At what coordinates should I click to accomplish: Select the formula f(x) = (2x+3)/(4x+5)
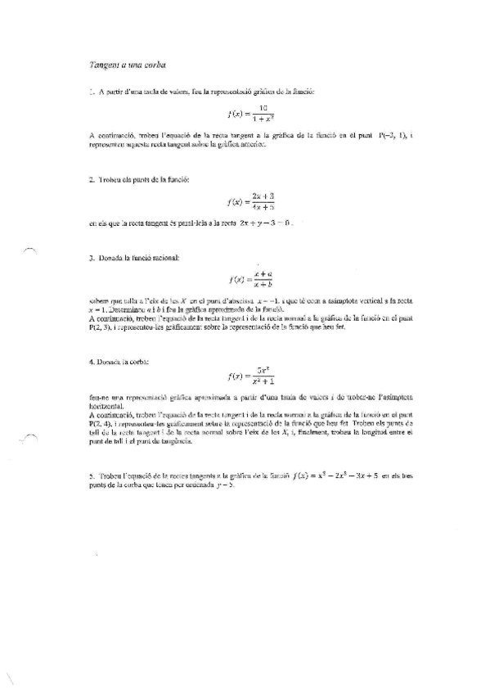[250, 200]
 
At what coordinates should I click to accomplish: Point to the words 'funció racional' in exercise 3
[160, 259]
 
